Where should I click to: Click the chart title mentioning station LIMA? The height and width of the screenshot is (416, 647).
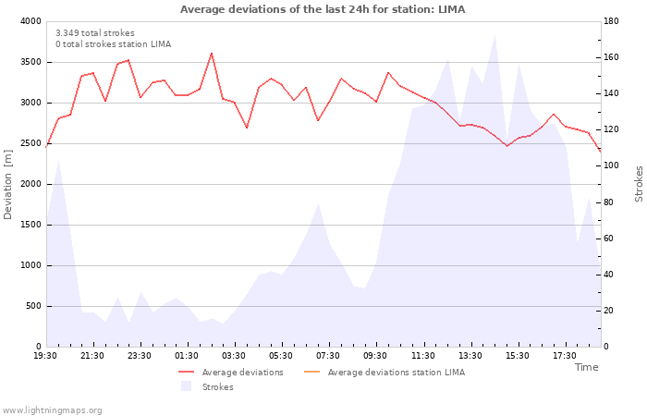point(323,9)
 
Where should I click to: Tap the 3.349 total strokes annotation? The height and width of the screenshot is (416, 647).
point(95,33)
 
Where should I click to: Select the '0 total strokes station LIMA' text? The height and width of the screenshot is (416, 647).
point(114,44)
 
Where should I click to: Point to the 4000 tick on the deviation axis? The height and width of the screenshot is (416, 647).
point(31,21)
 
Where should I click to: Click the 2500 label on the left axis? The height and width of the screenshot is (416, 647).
point(31,143)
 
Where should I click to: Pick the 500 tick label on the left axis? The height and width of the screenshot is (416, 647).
point(33,306)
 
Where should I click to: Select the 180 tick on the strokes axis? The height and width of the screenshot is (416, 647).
point(611,21)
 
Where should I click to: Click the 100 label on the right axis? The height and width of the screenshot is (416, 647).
point(611,165)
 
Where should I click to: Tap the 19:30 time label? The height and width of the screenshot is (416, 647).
point(45,356)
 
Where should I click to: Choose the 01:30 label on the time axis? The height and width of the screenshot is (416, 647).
point(187,356)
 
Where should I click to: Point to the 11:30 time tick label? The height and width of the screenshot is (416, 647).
point(423,356)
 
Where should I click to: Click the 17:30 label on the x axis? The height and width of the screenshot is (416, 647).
point(565,356)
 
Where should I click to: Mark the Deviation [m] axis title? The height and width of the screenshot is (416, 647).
point(7,185)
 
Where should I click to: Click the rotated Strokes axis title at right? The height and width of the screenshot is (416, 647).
point(639,184)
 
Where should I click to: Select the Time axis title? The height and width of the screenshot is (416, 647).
point(586,367)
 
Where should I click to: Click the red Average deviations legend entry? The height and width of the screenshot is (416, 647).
point(231,373)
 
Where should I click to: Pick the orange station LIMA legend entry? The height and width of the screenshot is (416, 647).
point(385,373)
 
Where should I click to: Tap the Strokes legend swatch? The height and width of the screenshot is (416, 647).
point(187,386)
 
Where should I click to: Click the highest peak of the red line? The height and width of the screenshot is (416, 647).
point(212,54)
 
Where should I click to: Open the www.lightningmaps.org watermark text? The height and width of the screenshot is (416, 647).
point(52,410)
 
